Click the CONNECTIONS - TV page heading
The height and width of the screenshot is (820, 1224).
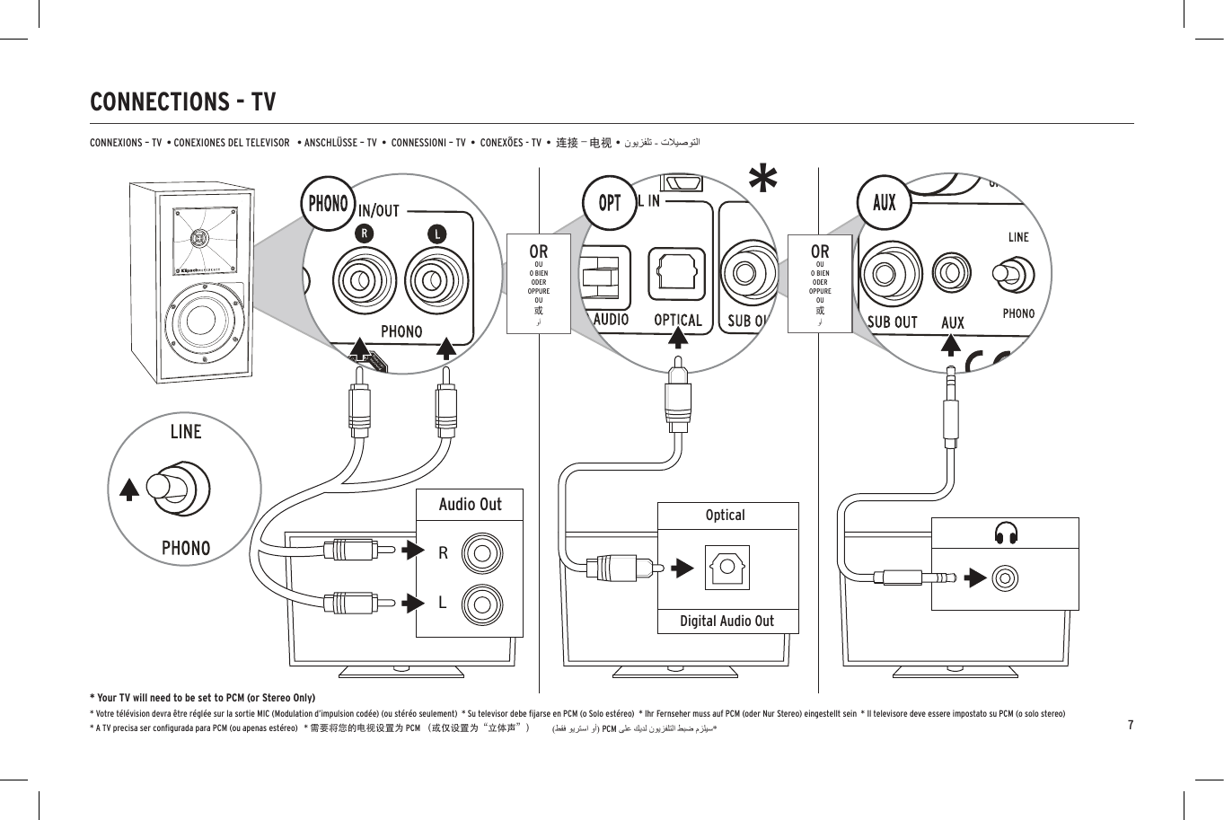click(183, 101)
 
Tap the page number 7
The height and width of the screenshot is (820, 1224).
click(1131, 725)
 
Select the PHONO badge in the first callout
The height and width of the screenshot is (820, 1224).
click(328, 203)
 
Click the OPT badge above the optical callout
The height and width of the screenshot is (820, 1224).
click(610, 203)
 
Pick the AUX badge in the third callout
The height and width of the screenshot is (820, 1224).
click(884, 202)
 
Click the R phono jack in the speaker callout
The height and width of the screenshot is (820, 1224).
click(364, 280)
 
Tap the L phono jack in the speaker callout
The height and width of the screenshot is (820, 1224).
click(436, 280)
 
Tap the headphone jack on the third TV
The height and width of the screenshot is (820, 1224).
click(1005, 577)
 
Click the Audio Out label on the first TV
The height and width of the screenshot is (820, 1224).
click(470, 505)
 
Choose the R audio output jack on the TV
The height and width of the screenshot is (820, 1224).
click(482, 554)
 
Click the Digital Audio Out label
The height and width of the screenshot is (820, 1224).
click(726, 621)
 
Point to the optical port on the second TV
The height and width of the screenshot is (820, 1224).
click(726, 568)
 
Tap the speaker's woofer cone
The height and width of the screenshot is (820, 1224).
click(205, 320)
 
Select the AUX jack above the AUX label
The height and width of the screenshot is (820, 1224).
click(951, 272)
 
